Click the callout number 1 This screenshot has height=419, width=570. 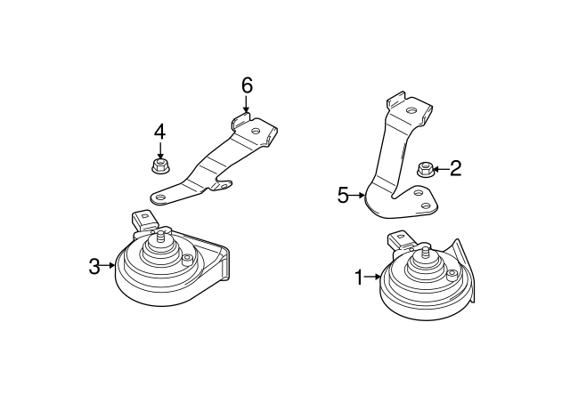(359, 278)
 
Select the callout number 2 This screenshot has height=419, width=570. (455, 168)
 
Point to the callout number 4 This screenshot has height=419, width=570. (159, 133)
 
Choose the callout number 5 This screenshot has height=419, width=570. (343, 195)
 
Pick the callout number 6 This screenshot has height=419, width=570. (247, 85)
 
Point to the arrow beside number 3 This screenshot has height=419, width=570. (109, 265)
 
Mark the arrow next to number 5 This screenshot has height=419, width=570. (358, 195)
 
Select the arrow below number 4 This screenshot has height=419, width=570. (160, 149)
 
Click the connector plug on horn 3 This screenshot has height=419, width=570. (142, 219)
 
